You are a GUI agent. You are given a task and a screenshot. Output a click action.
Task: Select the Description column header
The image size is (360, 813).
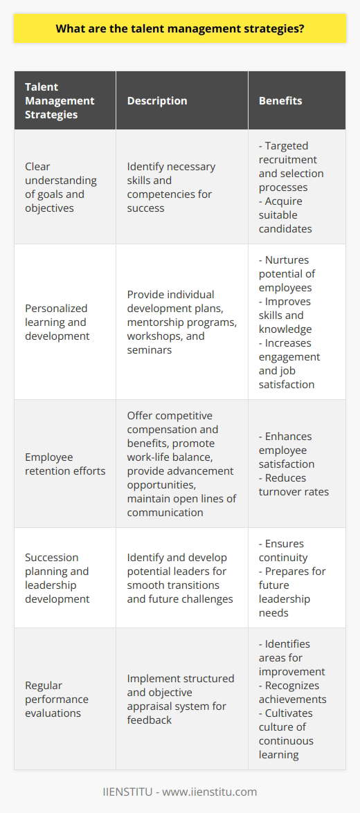pos(157,100)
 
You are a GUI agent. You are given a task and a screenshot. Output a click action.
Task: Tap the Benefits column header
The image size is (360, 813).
pos(281,100)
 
